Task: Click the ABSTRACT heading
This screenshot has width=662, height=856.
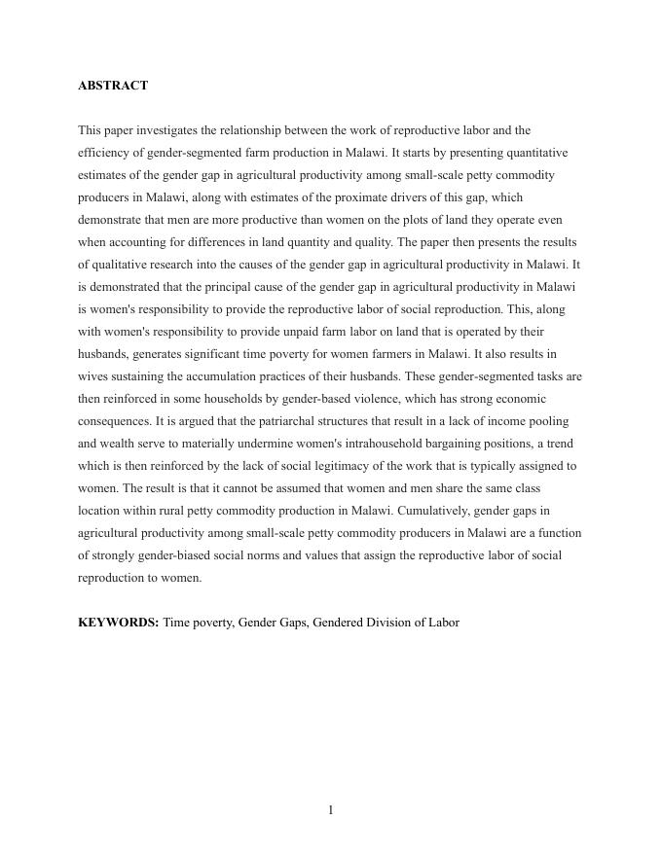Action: pyautogui.click(x=113, y=86)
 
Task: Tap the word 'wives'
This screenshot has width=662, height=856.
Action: pyautogui.click(x=94, y=376)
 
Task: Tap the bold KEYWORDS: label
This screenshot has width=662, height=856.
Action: pyautogui.click(x=118, y=623)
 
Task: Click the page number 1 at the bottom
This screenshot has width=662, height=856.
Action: pyautogui.click(x=331, y=810)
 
